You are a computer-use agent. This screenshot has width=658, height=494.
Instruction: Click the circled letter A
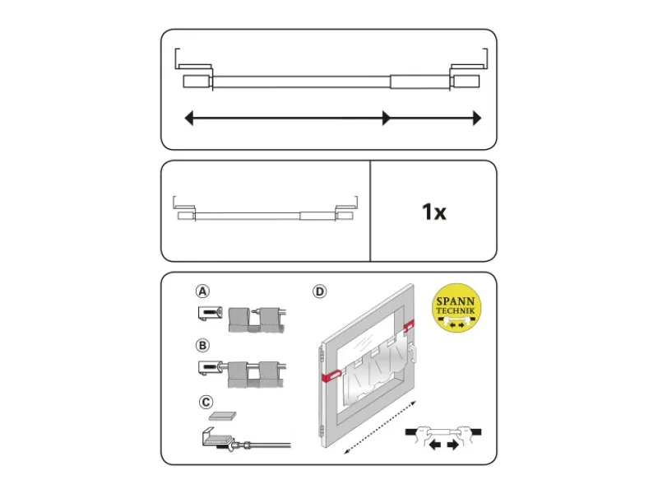(x=202, y=291)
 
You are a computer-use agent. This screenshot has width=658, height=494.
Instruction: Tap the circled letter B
(x=202, y=345)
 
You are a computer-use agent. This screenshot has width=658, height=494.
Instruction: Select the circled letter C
(x=206, y=402)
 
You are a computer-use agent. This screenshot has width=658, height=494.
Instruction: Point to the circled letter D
(x=320, y=291)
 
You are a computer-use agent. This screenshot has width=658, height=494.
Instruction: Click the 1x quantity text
(x=434, y=212)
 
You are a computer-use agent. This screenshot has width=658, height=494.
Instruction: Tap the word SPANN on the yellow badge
(x=456, y=301)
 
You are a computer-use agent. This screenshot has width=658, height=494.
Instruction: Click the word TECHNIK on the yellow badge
(x=456, y=310)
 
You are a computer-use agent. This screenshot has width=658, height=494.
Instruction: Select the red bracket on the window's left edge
(x=331, y=376)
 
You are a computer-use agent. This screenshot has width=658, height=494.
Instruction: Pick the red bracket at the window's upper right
(x=409, y=325)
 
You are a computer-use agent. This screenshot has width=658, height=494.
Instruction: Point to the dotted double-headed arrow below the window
(x=380, y=427)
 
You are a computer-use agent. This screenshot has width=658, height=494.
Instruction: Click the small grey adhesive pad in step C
(x=222, y=416)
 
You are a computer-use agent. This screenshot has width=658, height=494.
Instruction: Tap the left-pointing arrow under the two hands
(x=435, y=445)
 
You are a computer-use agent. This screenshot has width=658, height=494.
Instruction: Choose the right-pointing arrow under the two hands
(x=453, y=445)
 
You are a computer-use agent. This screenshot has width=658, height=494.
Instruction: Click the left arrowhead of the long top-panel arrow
(x=189, y=118)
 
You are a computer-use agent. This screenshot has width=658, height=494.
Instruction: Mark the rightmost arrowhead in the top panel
(x=477, y=118)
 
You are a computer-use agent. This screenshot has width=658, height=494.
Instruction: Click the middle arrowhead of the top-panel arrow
(x=386, y=118)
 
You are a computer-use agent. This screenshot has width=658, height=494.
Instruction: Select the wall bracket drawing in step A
(x=210, y=314)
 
